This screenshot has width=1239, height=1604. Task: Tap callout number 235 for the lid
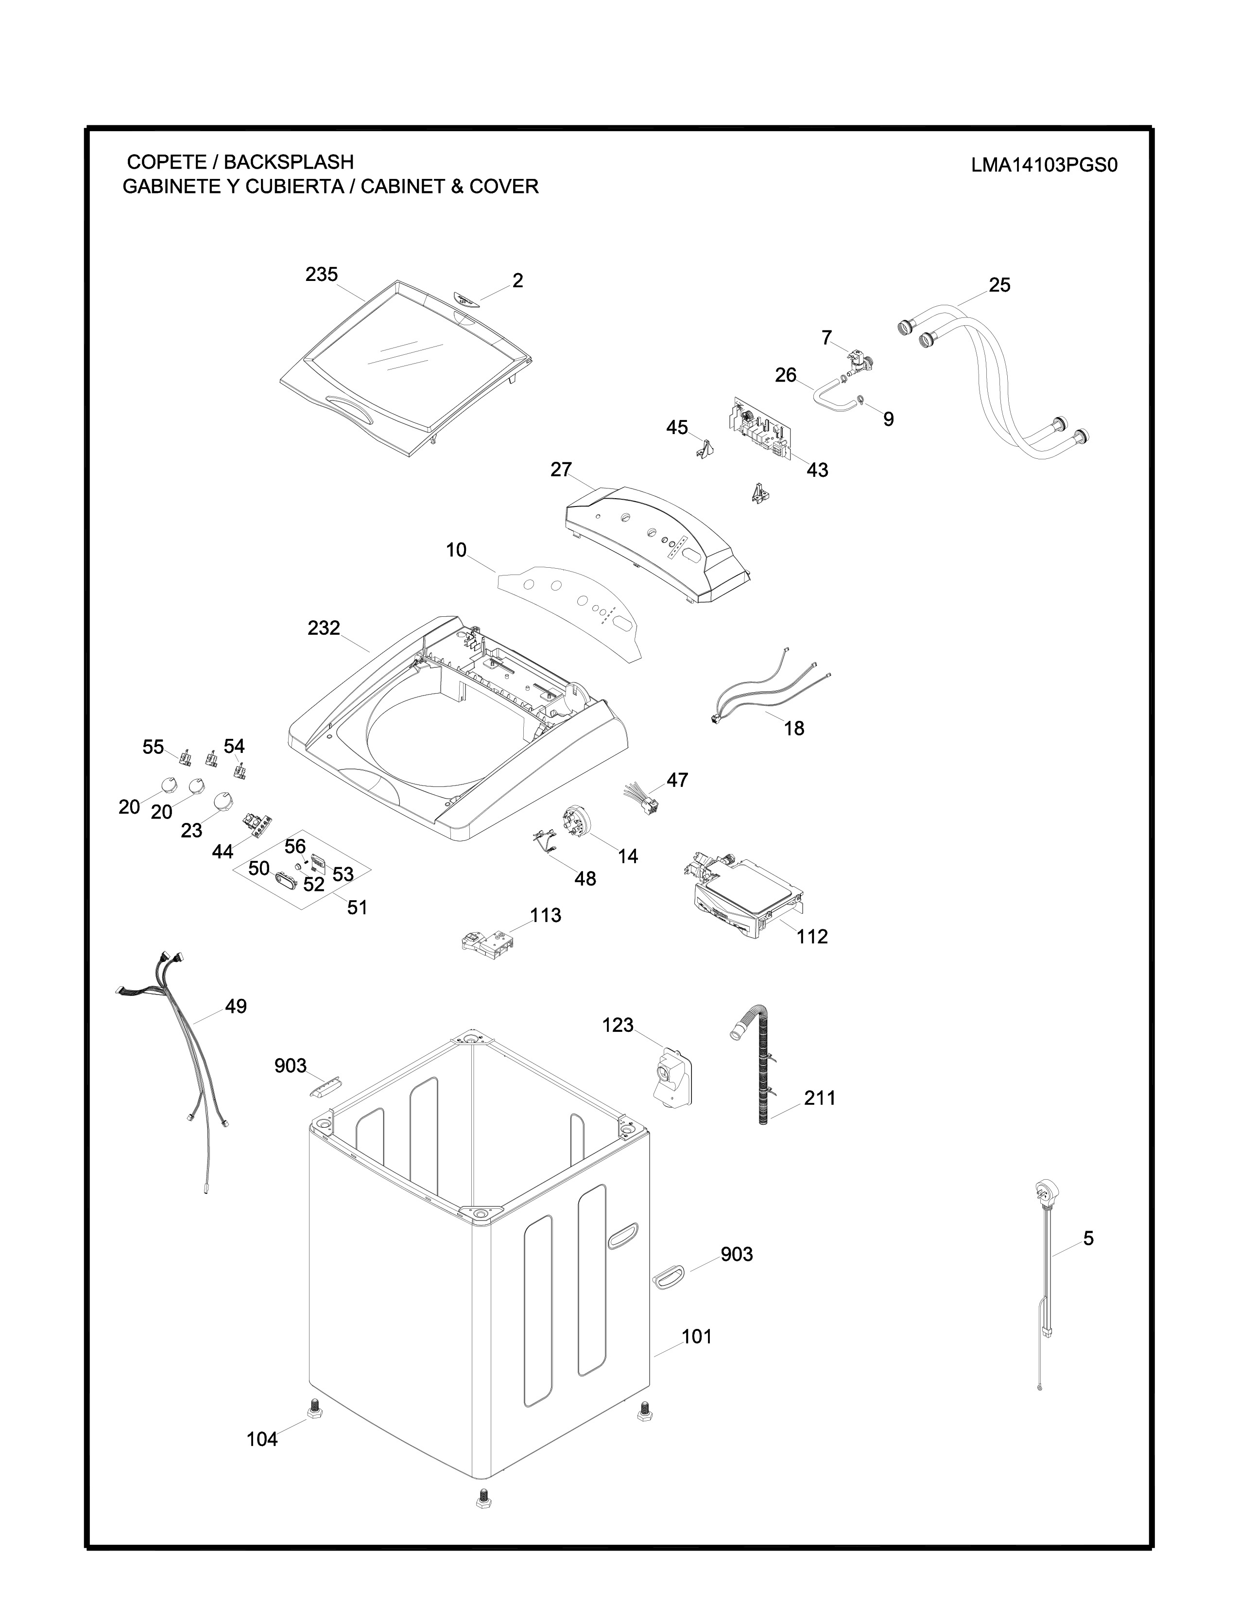pyautogui.click(x=322, y=275)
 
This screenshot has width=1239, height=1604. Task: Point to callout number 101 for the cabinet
pyautogui.click(x=697, y=1337)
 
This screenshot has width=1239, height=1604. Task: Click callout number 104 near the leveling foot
pyautogui.click(x=262, y=1440)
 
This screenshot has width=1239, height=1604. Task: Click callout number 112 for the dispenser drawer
pyautogui.click(x=812, y=937)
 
